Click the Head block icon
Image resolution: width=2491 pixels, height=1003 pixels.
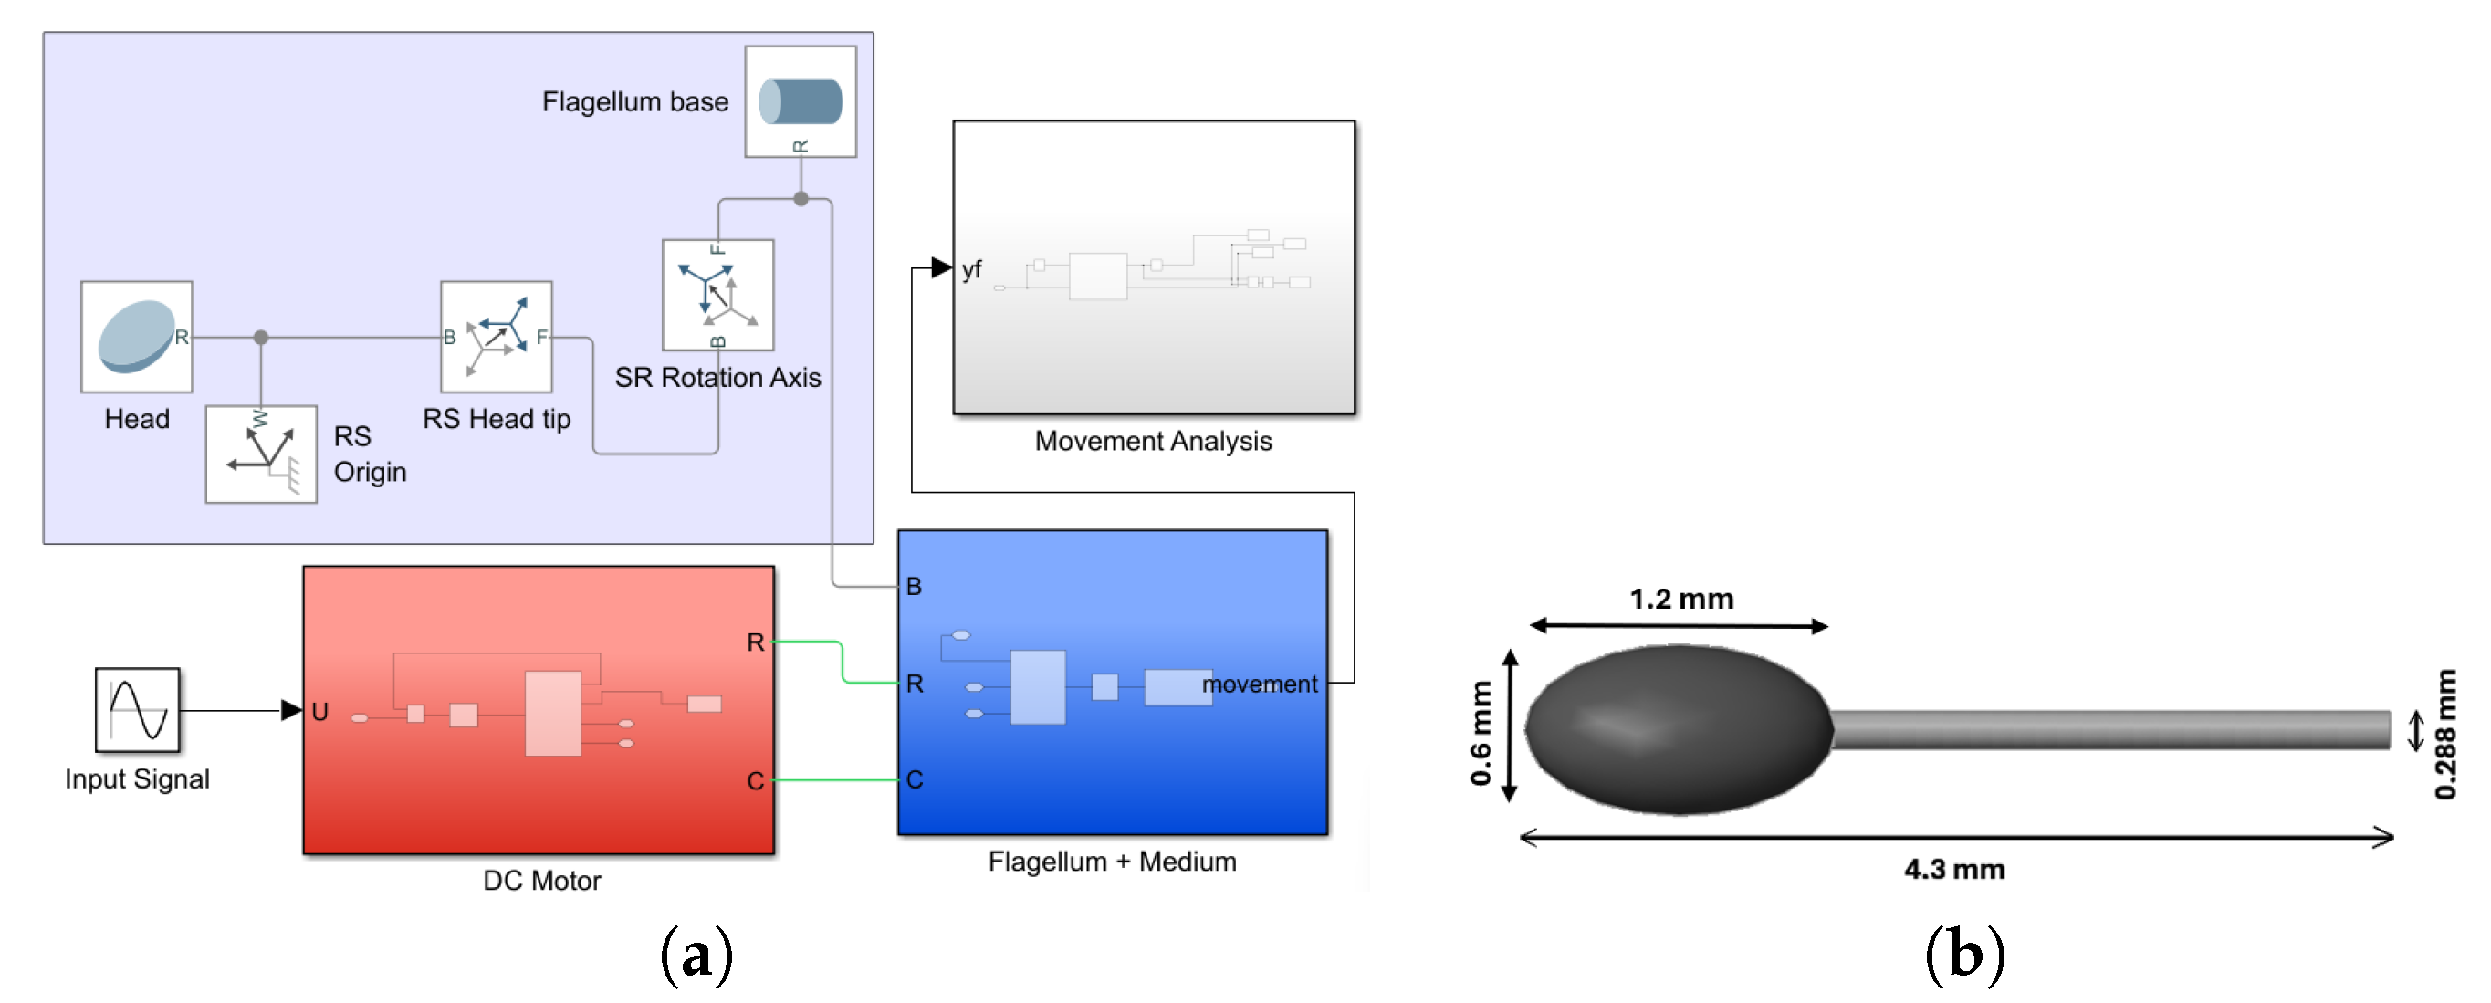(136, 336)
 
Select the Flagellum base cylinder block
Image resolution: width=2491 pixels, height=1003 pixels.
(800, 100)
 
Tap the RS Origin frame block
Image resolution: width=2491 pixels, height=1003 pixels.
(261, 454)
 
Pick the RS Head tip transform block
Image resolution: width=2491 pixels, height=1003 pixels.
(496, 336)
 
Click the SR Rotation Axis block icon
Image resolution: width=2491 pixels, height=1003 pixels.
(717, 294)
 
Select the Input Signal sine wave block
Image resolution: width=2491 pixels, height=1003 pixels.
(137, 709)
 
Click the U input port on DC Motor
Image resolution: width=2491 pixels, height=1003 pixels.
(319, 711)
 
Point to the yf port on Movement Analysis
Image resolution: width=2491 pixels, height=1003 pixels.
(971, 269)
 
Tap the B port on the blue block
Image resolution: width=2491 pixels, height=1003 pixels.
(914, 585)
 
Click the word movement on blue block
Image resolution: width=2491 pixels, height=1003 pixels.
(1259, 683)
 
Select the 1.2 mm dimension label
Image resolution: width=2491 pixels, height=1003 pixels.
(1680, 599)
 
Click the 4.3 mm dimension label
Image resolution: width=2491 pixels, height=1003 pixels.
(1953, 869)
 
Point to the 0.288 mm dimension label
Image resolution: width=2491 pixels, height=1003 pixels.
(2444, 734)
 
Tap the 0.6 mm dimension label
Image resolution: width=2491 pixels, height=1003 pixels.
(1480, 732)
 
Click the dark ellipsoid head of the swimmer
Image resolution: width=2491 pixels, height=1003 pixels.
(1678, 728)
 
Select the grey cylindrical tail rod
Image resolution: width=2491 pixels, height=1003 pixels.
(2108, 728)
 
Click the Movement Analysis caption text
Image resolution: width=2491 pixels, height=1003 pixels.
(1153, 441)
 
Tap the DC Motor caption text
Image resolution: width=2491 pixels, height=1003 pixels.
(541, 880)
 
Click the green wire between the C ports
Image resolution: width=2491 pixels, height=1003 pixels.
(836, 779)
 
